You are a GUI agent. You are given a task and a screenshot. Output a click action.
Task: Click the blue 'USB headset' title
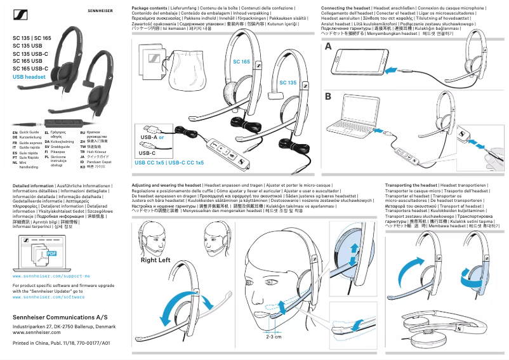tap(29, 77)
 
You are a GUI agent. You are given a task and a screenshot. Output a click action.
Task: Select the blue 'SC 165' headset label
tap(241, 61)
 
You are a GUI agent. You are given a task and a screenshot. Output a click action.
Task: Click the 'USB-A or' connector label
tap(152, 137)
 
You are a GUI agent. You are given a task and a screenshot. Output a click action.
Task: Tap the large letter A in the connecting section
tap(328, 48)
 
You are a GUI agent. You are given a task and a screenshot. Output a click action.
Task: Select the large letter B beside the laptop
tap(328, 97)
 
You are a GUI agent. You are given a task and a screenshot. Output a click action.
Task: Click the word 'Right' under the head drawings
tap(149, 260)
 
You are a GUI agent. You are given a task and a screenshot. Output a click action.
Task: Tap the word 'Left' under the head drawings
tap(164, 260)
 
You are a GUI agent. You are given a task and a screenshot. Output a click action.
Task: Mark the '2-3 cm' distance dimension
tap(274, 337)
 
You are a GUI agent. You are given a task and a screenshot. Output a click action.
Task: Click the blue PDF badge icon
tap(51, 253)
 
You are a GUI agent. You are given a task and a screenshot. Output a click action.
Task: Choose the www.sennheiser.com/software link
tap(48, 297)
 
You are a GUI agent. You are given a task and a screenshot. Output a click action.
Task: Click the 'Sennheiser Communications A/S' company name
tap(56, 316)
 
